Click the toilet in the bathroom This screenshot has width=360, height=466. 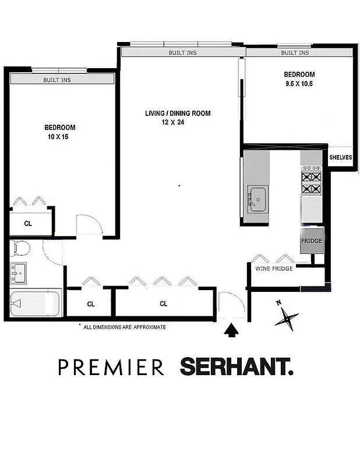(21, 249)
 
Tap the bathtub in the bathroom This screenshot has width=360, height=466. (34, 303)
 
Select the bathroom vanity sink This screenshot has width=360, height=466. (17, 272)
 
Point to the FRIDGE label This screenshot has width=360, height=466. (311, 241)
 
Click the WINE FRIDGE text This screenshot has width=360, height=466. (274, 269)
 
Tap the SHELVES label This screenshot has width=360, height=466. (341, 157)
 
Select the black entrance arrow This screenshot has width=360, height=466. (232, 331)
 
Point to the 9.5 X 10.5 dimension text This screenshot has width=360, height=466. (299, 83)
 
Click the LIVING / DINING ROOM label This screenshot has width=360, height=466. (178, 113)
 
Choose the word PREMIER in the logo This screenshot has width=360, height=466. (111, 368)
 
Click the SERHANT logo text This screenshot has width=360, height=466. (237, 368)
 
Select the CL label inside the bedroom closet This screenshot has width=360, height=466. (28, 223)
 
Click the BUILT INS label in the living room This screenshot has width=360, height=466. (182, 53)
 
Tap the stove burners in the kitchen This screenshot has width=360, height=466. (311, 182)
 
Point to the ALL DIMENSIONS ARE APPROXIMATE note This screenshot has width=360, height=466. (125, 327)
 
